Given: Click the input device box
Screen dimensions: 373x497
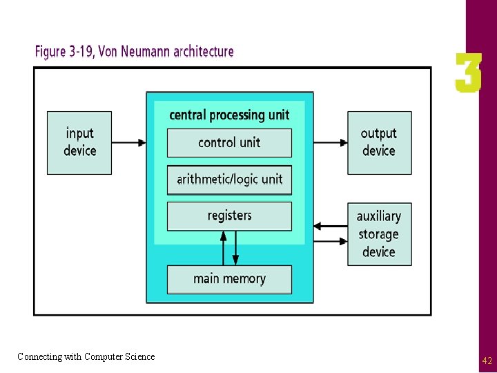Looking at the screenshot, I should pos(79,142).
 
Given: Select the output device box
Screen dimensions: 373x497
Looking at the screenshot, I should pos(379,142).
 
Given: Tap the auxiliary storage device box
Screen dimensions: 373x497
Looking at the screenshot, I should pos(379,234).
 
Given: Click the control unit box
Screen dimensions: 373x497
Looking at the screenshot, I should pos(229,143).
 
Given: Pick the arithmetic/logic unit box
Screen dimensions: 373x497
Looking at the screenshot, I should pos(229,180).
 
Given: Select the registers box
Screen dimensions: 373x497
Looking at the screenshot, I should pos(229,216).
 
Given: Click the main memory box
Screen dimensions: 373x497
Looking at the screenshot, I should pos(229,279).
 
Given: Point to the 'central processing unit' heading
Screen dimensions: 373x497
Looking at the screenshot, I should pos(229,115).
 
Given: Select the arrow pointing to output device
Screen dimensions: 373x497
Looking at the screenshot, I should pos(330,143).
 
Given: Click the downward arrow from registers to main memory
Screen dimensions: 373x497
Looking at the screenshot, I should pos(235,249).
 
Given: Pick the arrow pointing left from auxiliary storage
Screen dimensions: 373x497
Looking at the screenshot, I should pos(330,226).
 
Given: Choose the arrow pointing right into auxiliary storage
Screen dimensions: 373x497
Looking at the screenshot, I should pos(330,242).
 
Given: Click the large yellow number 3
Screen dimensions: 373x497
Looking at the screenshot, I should pos(468,74).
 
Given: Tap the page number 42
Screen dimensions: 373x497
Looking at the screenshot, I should pos(487,361).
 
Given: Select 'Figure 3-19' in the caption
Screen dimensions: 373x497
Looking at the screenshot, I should pos(64,52).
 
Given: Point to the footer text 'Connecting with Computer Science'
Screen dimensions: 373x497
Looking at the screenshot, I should pos(86,357).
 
